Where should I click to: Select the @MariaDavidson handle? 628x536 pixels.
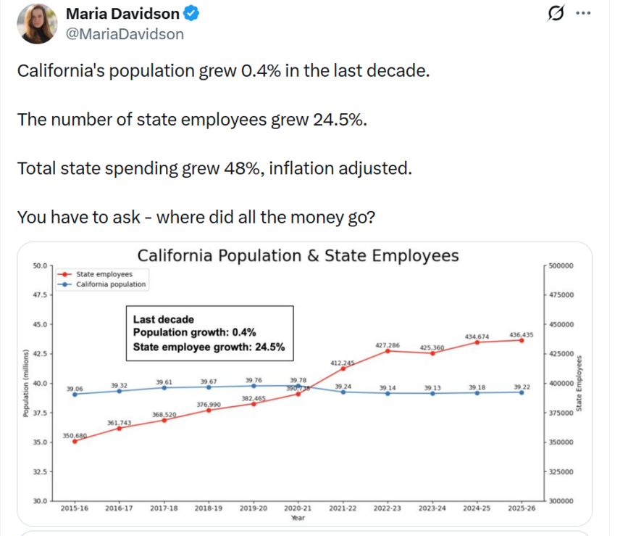pos(125,34)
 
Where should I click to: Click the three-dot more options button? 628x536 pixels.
pos(583,14)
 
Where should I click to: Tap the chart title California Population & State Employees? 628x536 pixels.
pos(298,256)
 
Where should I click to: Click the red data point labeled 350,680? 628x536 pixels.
pos(75,441)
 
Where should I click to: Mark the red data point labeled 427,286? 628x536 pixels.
pos(388,351)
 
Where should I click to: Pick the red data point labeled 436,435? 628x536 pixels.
pos(522,340)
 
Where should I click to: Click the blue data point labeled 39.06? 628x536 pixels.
pos(75,394)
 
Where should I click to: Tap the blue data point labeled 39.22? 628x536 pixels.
pos(522,392)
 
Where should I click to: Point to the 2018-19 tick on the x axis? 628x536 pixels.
pos(209,509)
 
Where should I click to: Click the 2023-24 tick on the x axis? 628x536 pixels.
pos(432,509)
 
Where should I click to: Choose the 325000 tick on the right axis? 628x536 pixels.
pos(560,471)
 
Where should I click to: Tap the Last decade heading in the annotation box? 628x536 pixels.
pos(164,319)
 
